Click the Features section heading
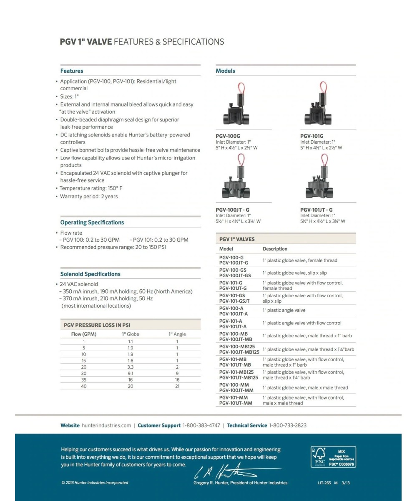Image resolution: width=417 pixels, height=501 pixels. (72, 71)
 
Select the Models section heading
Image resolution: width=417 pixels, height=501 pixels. (225, 71)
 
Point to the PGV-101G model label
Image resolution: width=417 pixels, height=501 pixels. (311, 136)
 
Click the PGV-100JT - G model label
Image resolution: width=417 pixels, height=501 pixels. (233, 210)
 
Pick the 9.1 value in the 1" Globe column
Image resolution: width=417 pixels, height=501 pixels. (130, 374)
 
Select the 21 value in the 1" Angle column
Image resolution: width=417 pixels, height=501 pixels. (177, 386)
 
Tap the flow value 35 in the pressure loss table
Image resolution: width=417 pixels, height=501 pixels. (84, 380)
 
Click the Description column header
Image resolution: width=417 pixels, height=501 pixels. (275, 249)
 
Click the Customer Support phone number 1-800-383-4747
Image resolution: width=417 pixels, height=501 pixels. (201, 425)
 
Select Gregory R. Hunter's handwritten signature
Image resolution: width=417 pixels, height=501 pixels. (225, 471)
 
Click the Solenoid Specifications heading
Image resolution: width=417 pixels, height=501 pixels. (90, 274)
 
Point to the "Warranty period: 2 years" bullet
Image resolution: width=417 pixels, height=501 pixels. (89, 196)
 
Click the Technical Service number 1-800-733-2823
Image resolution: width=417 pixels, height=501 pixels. (287, 425)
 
